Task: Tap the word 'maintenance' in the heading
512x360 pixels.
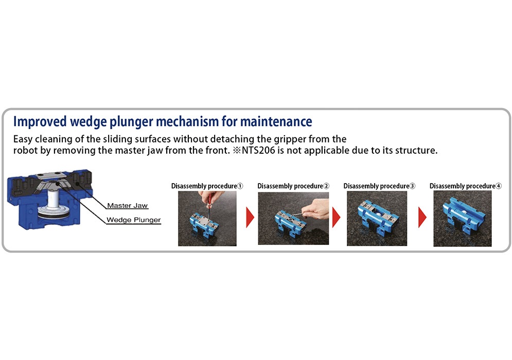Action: pyautogui.click(x=276, y=121)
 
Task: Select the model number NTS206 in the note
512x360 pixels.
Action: pyautogui.click(x=258, y=150)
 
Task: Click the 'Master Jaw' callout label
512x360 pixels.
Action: pyautogui.click(x=127, y=205)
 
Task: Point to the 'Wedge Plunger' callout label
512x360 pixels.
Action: pyautogui.click(x=134, y=220)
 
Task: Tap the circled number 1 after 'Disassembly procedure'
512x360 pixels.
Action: pyautogui.click(x=240, y=186)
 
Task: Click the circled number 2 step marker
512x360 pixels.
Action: pyautogui.click(x=326, y=186)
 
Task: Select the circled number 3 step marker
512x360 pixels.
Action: pyautogui.click(x=412, y=186)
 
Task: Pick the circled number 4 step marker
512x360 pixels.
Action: pyautogui.click(x=498, y=186)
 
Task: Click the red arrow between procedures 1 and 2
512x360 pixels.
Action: pyautogui.click(x=250, y=217)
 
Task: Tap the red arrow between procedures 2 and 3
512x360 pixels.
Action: pyautogui.click(x=336, y=217)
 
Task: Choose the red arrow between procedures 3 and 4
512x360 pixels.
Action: pyautogui.click(x=422, y=217)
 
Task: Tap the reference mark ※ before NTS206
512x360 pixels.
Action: pyautogui.click(x=237, y=150)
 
